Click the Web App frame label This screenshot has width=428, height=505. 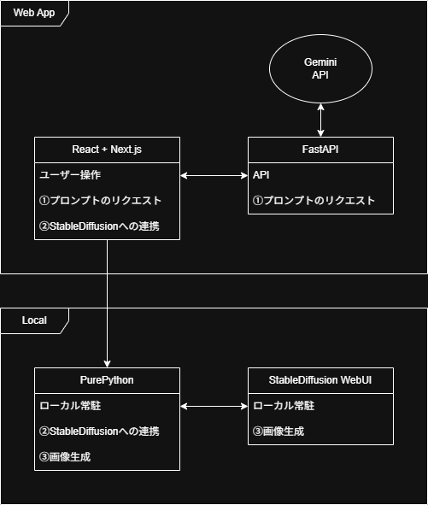point(34,13)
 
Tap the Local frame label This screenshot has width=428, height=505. point(34,320)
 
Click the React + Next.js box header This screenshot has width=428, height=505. point(107,150)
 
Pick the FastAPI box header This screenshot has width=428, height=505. point(320,150)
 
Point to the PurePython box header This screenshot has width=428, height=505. point(107,380)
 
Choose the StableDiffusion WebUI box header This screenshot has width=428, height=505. point(320,380)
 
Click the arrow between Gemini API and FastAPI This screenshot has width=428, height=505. point(320,120)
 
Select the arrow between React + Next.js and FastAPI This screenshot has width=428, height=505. point(214,175)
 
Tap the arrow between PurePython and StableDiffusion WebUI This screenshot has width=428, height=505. point(214,407)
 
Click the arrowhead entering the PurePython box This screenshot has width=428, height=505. point(107,364)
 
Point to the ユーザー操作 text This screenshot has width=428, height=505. point(70,175)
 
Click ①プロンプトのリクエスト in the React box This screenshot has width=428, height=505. point(100,201)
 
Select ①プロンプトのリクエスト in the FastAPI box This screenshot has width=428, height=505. point(314,201)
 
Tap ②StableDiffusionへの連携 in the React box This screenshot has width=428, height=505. point(99,226)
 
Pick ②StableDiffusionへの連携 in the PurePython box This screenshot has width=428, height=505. point(99,432)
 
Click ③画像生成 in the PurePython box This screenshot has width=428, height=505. point(65,457)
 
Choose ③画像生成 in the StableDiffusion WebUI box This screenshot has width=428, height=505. point(278,432)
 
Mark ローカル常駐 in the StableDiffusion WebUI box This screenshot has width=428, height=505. point(284,406)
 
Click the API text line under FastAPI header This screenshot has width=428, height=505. point(261,175)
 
